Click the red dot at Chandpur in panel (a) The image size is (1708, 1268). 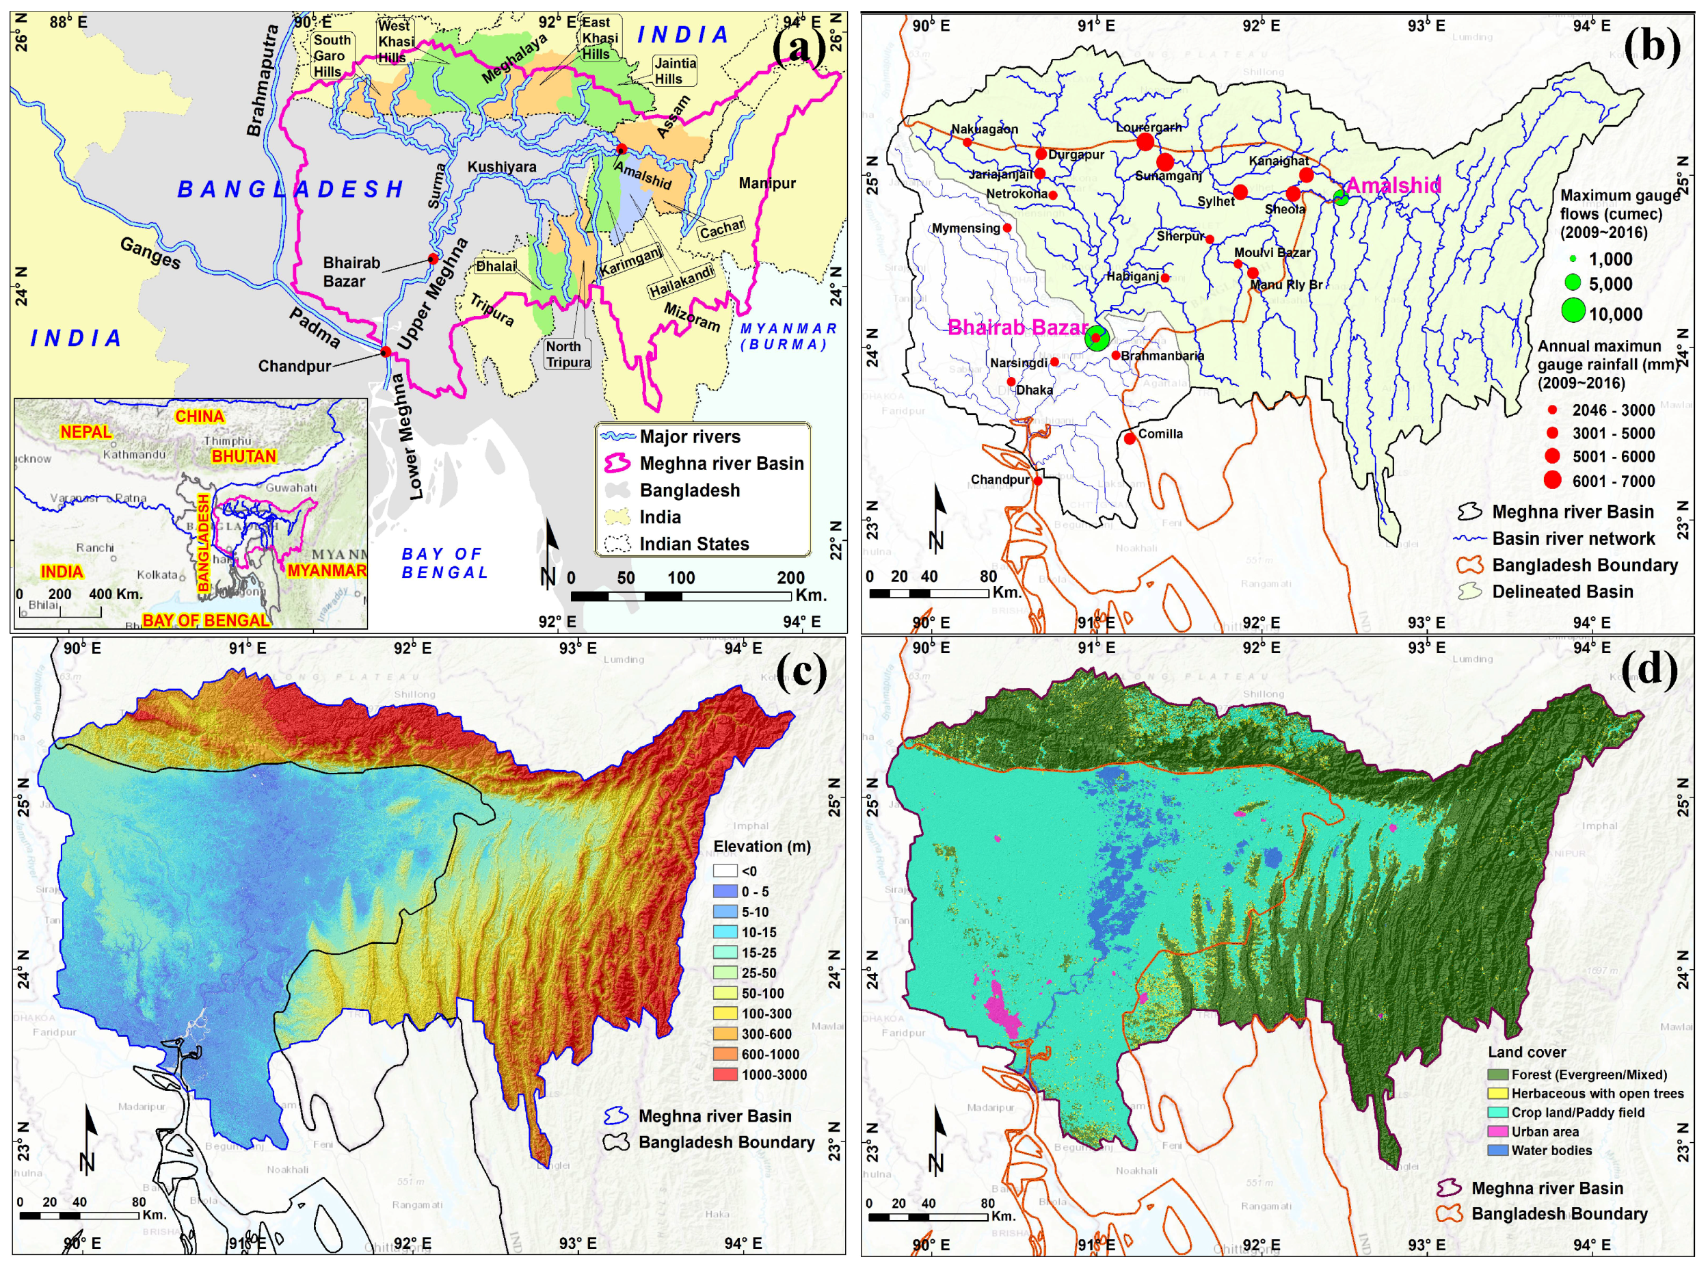click(386, 352)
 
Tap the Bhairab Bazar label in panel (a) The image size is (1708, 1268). click(351, 272)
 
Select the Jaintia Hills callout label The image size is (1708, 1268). click(674, 71)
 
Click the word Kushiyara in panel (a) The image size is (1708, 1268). click(502, 167)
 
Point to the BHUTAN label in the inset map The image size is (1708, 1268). click(244, 457)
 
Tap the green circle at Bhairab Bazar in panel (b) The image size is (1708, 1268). click(1097, 338)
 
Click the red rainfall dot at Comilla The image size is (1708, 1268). click(1130, 438)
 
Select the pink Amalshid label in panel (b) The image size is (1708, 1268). click(1393, 185)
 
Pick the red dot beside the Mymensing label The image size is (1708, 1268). click(1007, 228)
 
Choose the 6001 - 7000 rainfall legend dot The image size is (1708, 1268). click(1552, 481)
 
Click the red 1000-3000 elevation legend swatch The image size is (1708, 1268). click(725, 1074)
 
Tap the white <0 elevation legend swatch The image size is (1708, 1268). click(725, 871)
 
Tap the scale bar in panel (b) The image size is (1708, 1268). click(929, 594)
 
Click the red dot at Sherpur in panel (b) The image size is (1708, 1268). click(1210, 239)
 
